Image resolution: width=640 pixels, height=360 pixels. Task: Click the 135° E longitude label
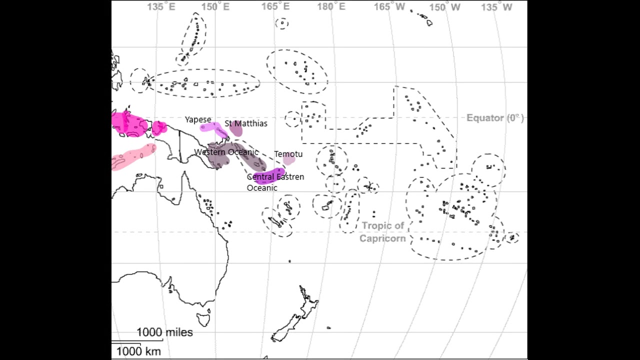(x=161, y=7)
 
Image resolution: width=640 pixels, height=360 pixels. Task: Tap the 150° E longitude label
(x=215, y=7)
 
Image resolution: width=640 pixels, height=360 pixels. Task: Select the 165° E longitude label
(x=275, y=7)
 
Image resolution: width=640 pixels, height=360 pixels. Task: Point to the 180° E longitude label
(x=331, y=7)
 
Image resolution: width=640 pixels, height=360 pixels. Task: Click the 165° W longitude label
(x=389, y=7)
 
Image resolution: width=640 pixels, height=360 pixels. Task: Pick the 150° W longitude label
(x=445, y=7)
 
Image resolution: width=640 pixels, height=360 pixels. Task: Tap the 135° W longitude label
(x=497, y=7)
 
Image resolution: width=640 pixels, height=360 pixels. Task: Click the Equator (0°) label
(x=494, y=118)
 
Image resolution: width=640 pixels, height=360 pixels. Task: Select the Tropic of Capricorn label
(x=382, y=232)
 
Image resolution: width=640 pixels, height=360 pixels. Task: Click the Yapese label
(x=198, y=119)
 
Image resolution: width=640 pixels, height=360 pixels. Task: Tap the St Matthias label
(x=245, y=123)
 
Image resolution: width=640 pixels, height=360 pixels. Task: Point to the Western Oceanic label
(x=226, y=152)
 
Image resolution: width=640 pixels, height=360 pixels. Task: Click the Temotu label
(x=288, y=154)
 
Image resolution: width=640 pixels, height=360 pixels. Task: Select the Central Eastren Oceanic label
(x=275, y=182)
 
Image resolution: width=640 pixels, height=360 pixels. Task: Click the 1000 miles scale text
(x=164, y=332)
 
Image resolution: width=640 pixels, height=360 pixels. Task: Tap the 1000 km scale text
(x=138, y=351)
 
